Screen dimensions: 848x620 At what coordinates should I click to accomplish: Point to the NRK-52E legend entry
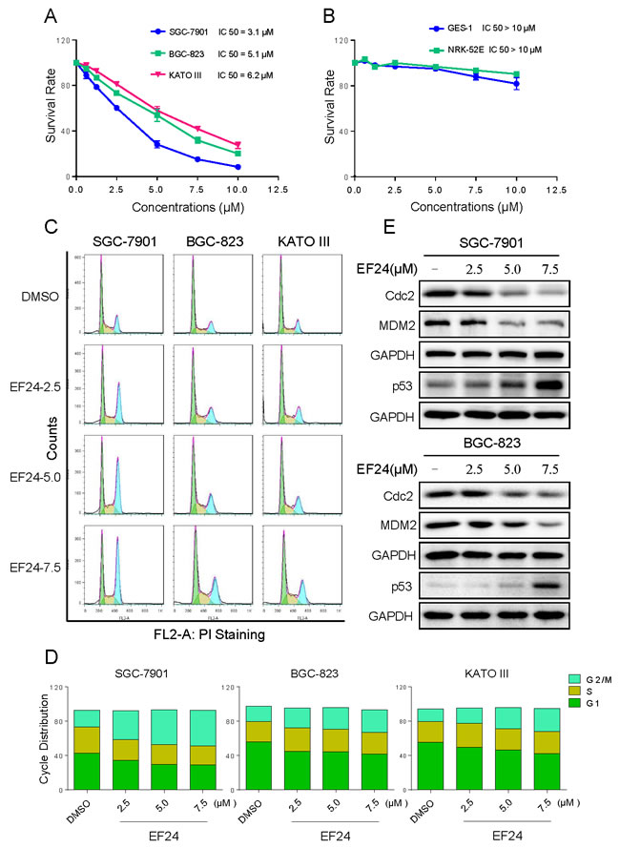(x=458, y=48)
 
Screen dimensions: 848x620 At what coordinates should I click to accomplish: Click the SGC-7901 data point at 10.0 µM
(x=237, y=167)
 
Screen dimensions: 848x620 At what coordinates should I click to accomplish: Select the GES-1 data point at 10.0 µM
(x=516, y=84)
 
